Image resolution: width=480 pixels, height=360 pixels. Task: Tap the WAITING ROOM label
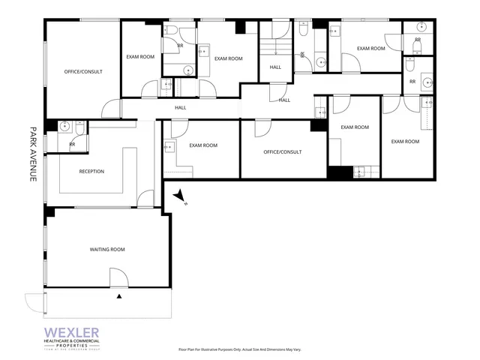coord(107,249)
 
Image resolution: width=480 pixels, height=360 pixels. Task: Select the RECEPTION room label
coord(91,172)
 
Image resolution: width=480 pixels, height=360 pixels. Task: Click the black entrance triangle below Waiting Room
coord(119,298)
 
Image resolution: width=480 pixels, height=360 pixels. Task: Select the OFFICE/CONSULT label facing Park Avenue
coord(83,71)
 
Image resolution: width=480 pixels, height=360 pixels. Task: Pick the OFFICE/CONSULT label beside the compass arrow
coord(283,152)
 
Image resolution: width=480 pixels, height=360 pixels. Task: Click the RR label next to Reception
coord(72,144)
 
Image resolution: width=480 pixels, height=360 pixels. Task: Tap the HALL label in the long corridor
coord(181,107)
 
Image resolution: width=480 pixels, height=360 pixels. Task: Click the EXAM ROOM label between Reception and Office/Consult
coord(203,145)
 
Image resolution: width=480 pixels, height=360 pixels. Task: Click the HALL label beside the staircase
coord(275,68)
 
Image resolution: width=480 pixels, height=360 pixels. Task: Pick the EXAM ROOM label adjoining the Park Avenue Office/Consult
coord(140,57)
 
